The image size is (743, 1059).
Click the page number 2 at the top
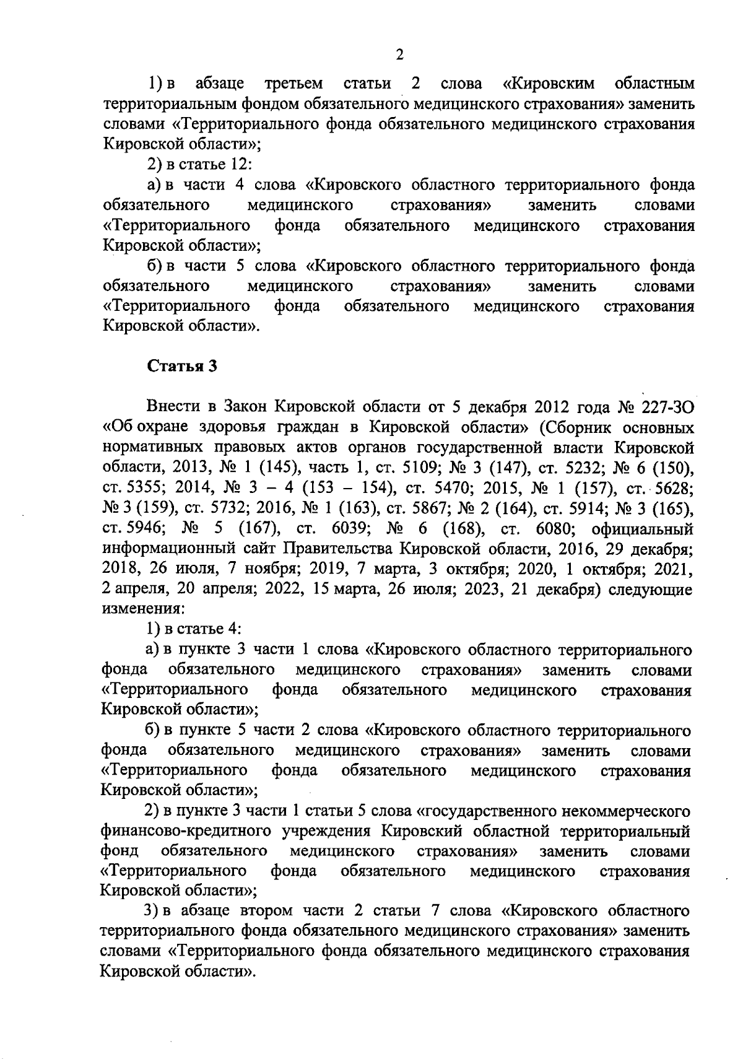(399, 55)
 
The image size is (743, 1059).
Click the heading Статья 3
(183, 365)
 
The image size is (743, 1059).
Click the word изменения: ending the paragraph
(134, 609)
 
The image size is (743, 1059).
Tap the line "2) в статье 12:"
(198, 164)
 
